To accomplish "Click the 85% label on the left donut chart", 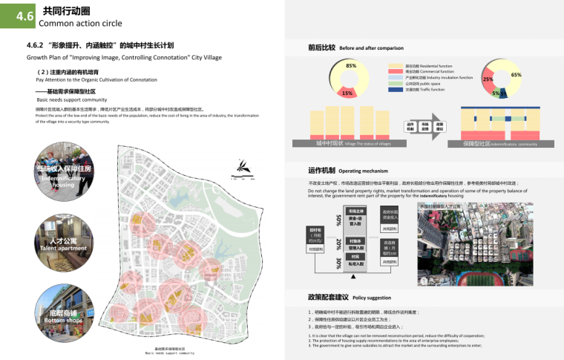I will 351,65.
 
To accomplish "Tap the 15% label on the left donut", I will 347,94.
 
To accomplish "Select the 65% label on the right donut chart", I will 516,74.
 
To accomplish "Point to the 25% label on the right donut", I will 488,79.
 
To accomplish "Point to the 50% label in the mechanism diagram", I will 338,220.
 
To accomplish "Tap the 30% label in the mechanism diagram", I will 338,263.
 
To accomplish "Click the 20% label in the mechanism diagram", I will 338,243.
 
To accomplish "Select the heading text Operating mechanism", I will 364,171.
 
